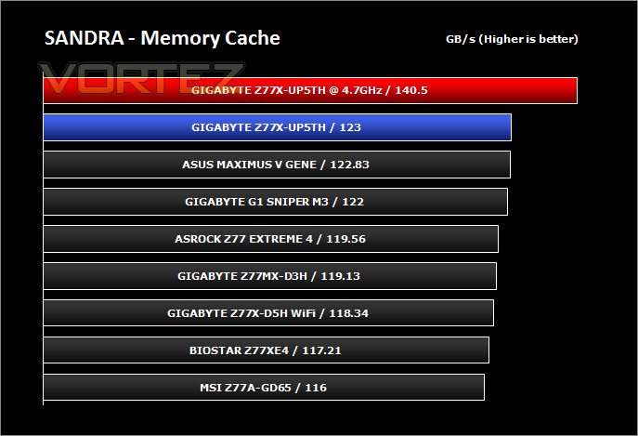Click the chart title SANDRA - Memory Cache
[162, 38]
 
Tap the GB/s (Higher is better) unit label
[512, 39]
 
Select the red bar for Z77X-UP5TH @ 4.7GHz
[310, 90]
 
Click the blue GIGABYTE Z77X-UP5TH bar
[277, 127]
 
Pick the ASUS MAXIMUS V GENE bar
[277, 165]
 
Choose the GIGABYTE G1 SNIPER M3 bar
[276, 202]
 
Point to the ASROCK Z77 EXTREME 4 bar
[270, 239]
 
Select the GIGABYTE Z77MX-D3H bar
[269, 276]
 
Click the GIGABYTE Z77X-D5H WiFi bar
[268, 313]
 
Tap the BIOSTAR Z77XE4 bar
[267, 350]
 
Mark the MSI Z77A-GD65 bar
[264, 388]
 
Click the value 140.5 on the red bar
[411, 90]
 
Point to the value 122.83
[349, 165]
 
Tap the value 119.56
[345, 239]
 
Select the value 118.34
[348, 313]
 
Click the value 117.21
[321, 350]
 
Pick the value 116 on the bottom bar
[316, 388]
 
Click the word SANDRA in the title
[85, 38]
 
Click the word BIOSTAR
[215, 350]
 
